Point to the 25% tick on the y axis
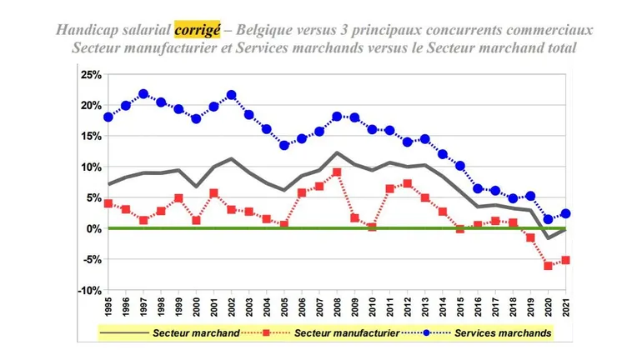tap(90, 75)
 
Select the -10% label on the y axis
tap(88, 290)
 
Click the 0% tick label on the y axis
tap(93, 228)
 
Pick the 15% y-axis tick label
tap(90, 137)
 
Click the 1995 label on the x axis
tap(108, 308)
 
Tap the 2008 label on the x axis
tap(336, 308)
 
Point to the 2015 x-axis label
tap(459, 308)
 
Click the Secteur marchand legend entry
tap(196, 333)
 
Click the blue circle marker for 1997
tap(143, 94)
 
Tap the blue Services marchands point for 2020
tap(548, 220)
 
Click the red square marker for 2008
tap(336, 172)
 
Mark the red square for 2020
tap(548, 266)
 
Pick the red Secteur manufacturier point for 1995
tap(108, 203)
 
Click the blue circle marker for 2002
tap(231, 95)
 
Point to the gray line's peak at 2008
tap(336, 152)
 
